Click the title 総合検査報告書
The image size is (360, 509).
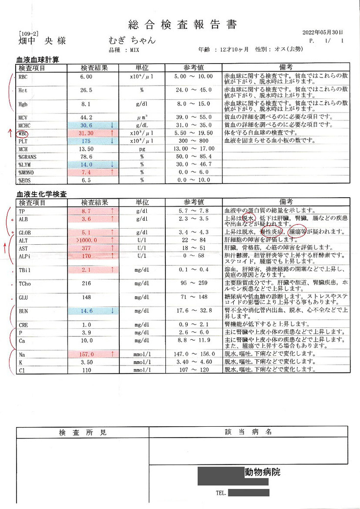(182, 24)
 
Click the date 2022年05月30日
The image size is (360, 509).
(323, 32)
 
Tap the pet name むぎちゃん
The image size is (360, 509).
(133, 41)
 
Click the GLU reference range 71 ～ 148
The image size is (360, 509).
(190, 297)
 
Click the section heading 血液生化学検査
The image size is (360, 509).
(42, 194)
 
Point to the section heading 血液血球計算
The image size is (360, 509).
(38, 60)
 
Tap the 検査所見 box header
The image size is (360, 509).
(82, 433)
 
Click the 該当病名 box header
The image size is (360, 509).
(248, 433)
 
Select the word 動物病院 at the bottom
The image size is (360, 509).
(263, 472)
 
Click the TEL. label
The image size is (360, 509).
(221, 493)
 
